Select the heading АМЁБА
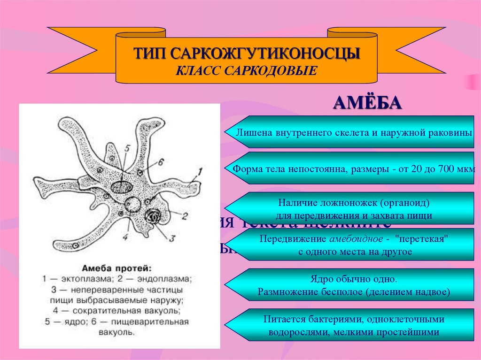coord(367,102)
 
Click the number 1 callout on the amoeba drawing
coord(200,172)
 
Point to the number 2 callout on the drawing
coord(185,216)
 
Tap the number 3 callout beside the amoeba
coord(171,238)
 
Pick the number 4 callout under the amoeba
coord(125,237)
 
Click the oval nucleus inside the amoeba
coord(122,187)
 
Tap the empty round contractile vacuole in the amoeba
coord(133,204)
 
